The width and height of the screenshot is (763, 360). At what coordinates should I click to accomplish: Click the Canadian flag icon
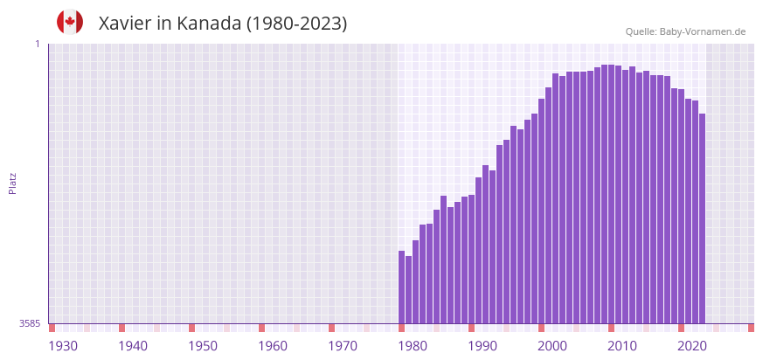pos(70,23)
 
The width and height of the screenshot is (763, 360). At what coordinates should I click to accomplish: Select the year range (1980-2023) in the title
pos(296,24)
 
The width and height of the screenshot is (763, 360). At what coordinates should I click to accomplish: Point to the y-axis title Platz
pos(12,183)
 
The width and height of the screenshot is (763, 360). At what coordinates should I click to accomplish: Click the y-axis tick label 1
pos(37,44)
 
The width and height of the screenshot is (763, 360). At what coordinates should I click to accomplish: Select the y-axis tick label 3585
pos(30,323)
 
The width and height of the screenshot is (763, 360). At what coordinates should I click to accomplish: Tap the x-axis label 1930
pos(63,346)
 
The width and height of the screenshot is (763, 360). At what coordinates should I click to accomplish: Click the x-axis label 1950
pos(203,346)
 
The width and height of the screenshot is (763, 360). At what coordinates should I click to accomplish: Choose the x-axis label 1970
pos(343,346)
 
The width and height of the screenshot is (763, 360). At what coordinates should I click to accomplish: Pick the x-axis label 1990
pos(482,346)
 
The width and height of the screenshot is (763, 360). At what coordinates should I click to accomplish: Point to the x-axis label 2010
pos(622,346)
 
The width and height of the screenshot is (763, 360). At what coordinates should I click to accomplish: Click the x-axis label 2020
pos(692,346)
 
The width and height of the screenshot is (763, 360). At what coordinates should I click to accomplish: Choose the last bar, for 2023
pos(702,218)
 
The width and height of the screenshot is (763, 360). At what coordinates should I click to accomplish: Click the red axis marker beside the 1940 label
pos(121,328)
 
